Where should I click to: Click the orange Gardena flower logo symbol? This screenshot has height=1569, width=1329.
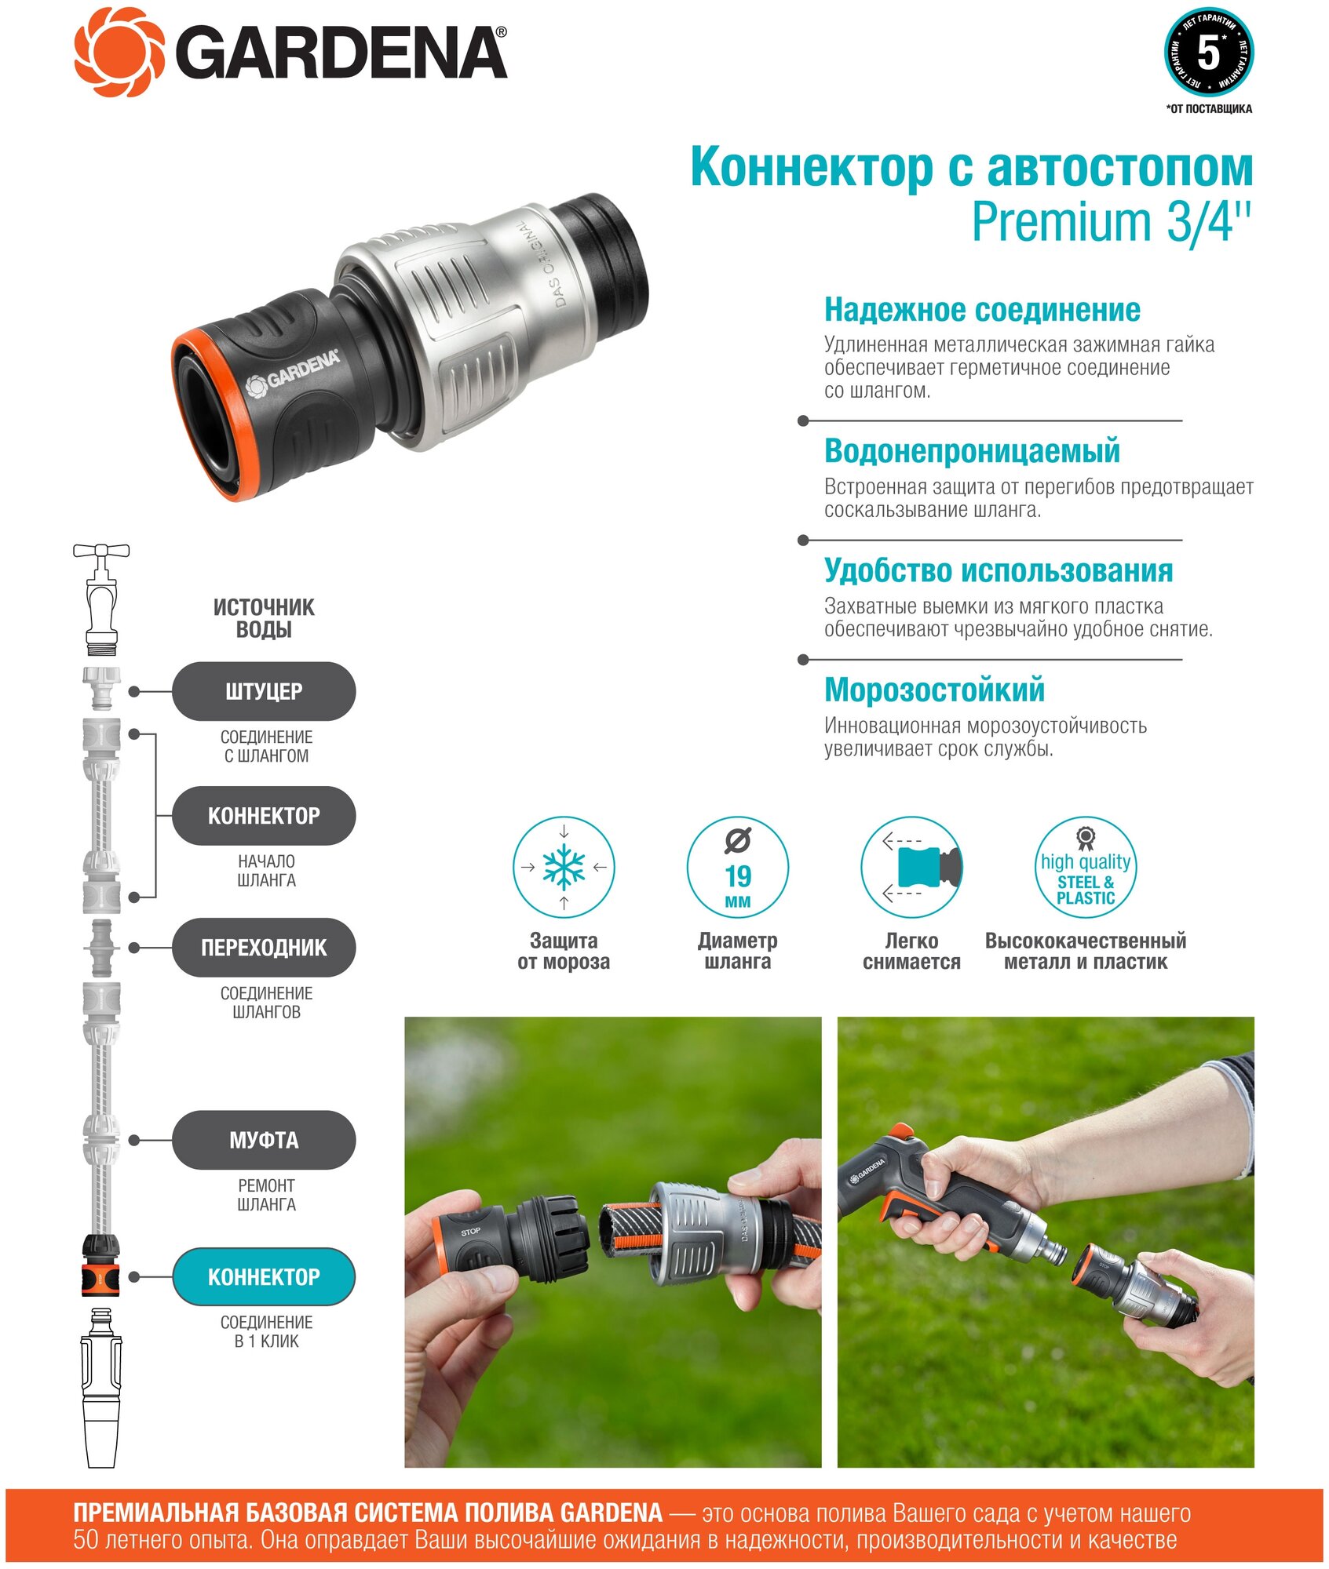[x=120, y=53]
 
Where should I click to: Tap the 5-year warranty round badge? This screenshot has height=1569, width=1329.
[x=1208, y=53]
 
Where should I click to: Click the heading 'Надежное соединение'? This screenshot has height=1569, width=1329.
[x=982, y=310]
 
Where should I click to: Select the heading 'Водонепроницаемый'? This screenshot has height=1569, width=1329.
[x=972, y=451]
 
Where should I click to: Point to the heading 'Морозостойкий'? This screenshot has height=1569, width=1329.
[x=934, y=690]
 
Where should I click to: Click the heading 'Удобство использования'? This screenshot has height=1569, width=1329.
[x=999, y=570]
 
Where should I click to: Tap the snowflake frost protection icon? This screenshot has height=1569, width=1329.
[x=564, y=867]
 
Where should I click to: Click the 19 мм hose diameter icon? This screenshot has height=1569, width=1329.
[x=738, y=867]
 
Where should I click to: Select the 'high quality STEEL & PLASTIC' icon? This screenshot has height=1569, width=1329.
[x=1086, y=867]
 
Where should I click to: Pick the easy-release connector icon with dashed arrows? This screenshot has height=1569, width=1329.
[x=911, y=867]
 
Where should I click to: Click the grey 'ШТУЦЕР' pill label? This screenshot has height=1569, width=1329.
[x=264, y=691]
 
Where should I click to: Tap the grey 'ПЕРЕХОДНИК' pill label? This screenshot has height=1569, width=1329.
[x=264, y=948]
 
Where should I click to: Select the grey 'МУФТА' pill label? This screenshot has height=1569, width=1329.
[x=264, y=1140]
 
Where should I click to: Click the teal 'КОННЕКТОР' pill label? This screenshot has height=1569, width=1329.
[x=264, y=1276]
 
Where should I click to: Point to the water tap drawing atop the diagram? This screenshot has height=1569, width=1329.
[x=101, y=599]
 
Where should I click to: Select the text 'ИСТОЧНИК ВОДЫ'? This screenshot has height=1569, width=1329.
[x=264, y=618]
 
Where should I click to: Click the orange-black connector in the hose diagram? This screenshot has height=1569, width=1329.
[x=101, y=1265]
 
